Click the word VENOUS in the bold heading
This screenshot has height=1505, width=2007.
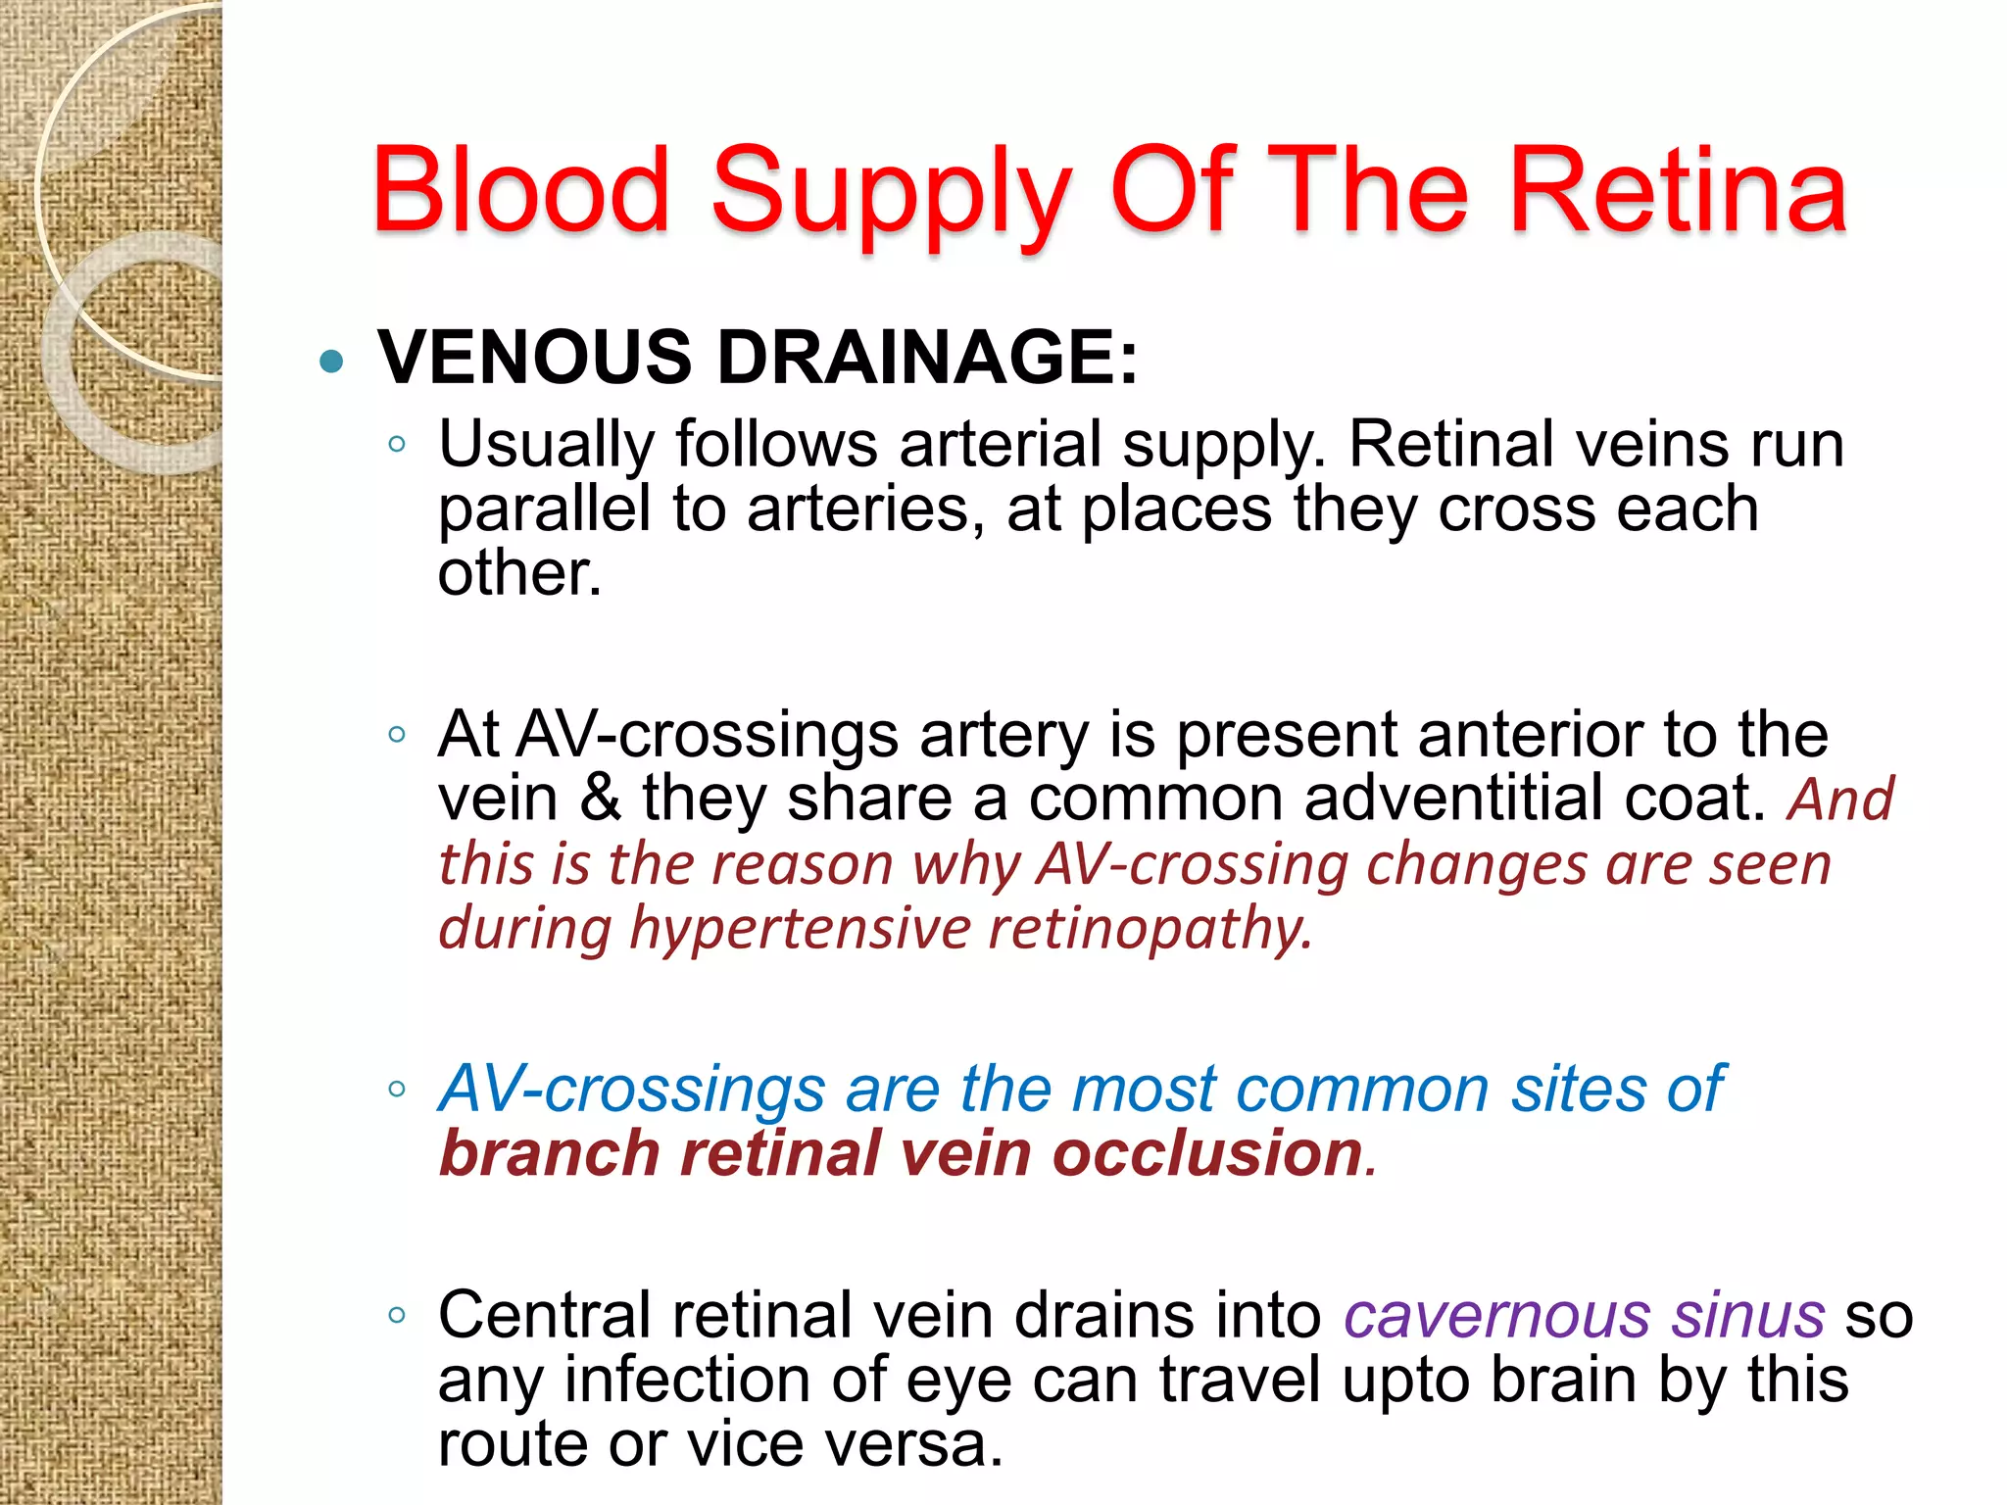pyautogui.click(x=535, y=357)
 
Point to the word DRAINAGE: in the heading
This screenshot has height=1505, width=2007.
pyautogui.click(x=928, y=357)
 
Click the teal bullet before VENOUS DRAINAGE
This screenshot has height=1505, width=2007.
pyautogui.click(x=332, y=362)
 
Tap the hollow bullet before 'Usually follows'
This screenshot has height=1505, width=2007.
pyautogui.click(x=397, y=444)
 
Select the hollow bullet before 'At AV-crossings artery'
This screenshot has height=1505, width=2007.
pyautogui.click(x=397, y=734)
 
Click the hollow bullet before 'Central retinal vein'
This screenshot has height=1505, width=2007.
pyautogui.click(x=397, y=1315)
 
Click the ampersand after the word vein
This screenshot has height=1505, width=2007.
pyautogui.click(x=600, y=798)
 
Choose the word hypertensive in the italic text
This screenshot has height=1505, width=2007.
pyautogui.click(x=800, y=928)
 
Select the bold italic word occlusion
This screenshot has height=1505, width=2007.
pyautogui.click(x=1207, y=1152)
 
